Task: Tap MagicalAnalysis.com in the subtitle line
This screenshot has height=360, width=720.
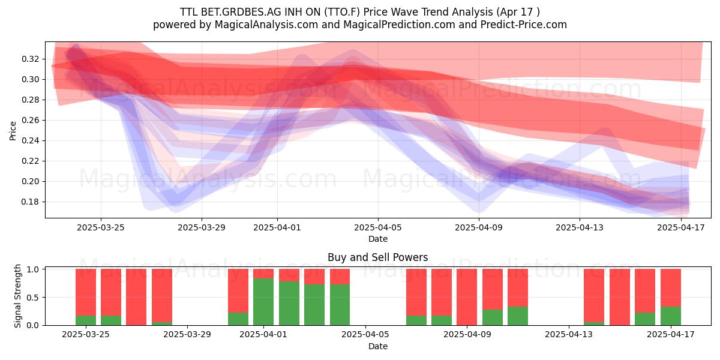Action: coord(266,25)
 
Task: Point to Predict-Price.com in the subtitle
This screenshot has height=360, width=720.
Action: coord(524,25)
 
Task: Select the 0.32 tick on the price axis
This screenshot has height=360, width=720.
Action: coord(30,59)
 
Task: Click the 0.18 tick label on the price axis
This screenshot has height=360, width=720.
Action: coord(30,202)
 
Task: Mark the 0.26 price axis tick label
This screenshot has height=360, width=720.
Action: coord(30,120)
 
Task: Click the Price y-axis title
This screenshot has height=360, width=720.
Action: coord(13,131)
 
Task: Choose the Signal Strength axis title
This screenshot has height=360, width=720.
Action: coord(17,296)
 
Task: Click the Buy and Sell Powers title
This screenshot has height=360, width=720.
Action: coord(377,257)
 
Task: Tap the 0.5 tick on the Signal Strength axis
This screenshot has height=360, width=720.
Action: coord(34,298)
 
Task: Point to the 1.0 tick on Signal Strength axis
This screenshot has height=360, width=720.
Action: coord(34,269)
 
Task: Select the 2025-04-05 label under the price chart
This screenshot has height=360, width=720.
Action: coord(377,227)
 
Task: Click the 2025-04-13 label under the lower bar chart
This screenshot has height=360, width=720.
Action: coord(569,335)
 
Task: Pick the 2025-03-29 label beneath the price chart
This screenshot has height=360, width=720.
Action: coord(202,227)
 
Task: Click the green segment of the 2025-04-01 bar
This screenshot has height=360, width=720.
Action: coord(263,302)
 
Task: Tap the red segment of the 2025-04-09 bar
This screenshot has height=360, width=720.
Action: coord(467,297)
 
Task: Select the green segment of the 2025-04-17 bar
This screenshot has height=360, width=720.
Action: coord(671,316)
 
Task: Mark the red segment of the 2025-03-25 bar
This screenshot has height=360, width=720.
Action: coord(86,292)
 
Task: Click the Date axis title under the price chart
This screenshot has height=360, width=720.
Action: coord(377,239)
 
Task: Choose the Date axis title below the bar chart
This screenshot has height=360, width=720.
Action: coord(377,347)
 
